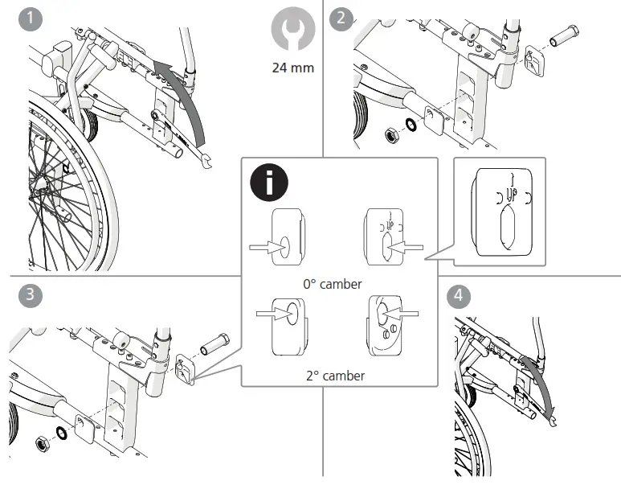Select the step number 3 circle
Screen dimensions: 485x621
[x=30, y=294]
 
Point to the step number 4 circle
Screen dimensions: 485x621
[x=459, y=294]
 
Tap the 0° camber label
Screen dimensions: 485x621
[x=332, y=284]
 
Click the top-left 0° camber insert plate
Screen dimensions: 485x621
[x=287, y=240]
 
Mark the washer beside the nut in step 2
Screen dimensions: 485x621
[x=410, y=125]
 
